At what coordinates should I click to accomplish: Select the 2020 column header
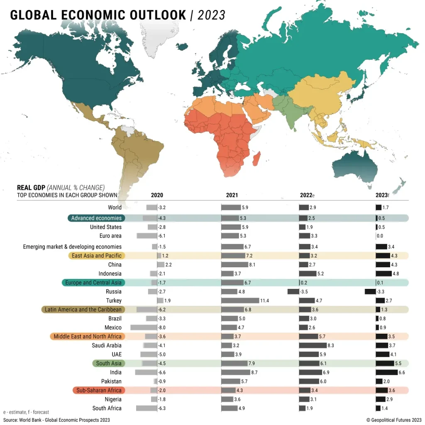[157, 195]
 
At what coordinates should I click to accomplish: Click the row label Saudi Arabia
[107, 345]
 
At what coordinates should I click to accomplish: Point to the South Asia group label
[109, 363]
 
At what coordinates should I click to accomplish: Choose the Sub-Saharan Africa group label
[99, 390]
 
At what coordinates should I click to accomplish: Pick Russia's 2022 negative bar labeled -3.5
[293, 292]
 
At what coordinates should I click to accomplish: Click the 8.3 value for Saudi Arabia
[331, 345]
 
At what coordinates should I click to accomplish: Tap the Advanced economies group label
[96, 218]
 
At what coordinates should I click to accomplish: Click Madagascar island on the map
[256, 158]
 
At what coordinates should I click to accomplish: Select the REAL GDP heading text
[31, 187]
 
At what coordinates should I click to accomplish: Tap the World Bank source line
[56, 420]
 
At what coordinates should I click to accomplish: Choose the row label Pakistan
[111, 381]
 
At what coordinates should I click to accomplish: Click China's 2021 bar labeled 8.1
[234, 265]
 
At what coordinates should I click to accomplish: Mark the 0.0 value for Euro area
[379, 236]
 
